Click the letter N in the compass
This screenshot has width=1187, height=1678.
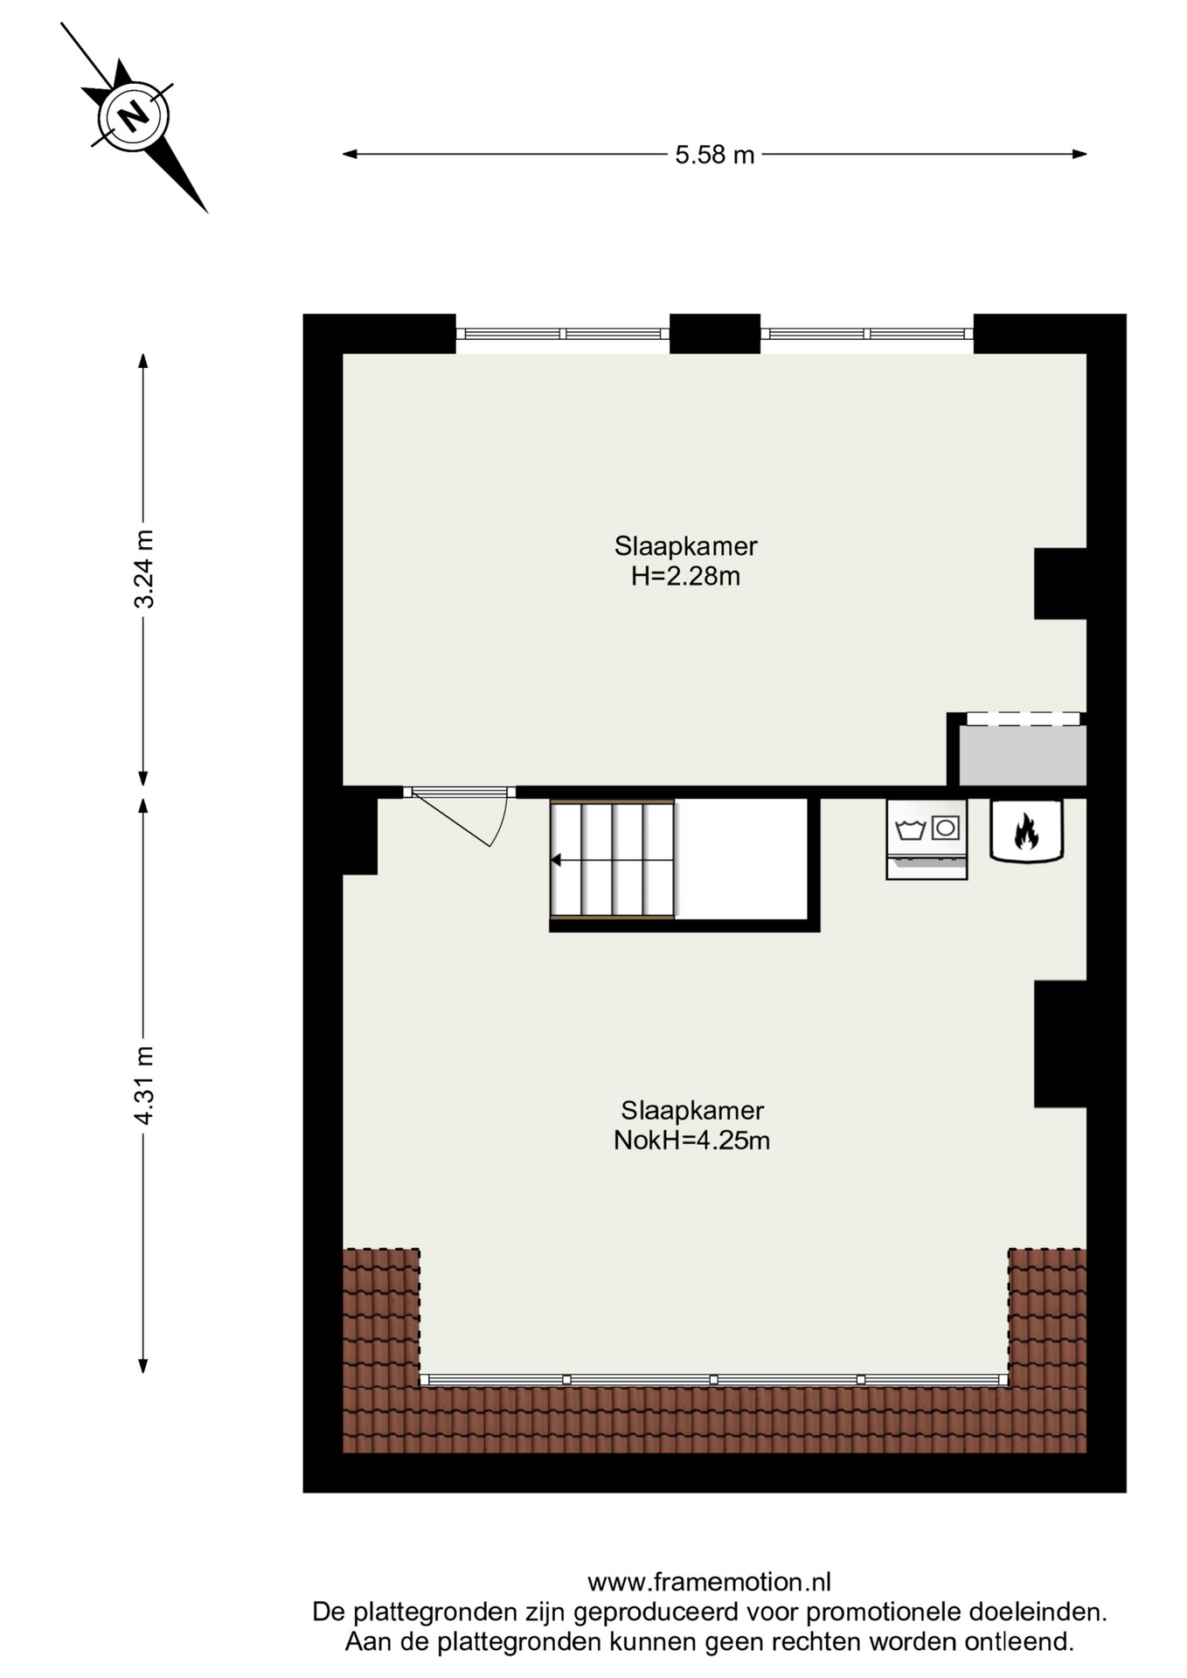(x=133, y=115)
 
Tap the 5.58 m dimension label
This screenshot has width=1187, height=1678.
(x=714, y=155)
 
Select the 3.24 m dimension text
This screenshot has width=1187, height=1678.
(x=143, y=569)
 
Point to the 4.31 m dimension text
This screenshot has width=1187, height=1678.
(x=143, y=1085)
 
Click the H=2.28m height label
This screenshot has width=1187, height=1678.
(x=685, y=577)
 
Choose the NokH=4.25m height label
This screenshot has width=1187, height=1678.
(x=691, y=1141)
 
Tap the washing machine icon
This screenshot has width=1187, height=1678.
(x=927, y=839)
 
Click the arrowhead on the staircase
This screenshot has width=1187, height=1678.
(x=556, y=860)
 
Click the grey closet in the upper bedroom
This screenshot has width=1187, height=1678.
(x=1023, y=754)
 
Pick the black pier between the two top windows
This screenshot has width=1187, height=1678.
(x=715, y=334)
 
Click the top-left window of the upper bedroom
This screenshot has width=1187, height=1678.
(x=562, y=334)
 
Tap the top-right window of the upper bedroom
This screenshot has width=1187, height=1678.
(x=867, y=334)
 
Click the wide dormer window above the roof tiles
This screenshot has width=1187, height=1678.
(x=713, y=1379)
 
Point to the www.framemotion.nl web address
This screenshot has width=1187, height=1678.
(x=709, y=1582)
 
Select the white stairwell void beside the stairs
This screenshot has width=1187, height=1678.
(x=741, y=859)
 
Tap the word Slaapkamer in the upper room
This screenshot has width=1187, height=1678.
(x=685, y=546)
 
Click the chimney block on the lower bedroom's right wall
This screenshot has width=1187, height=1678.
(x=1060, y=1044)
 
